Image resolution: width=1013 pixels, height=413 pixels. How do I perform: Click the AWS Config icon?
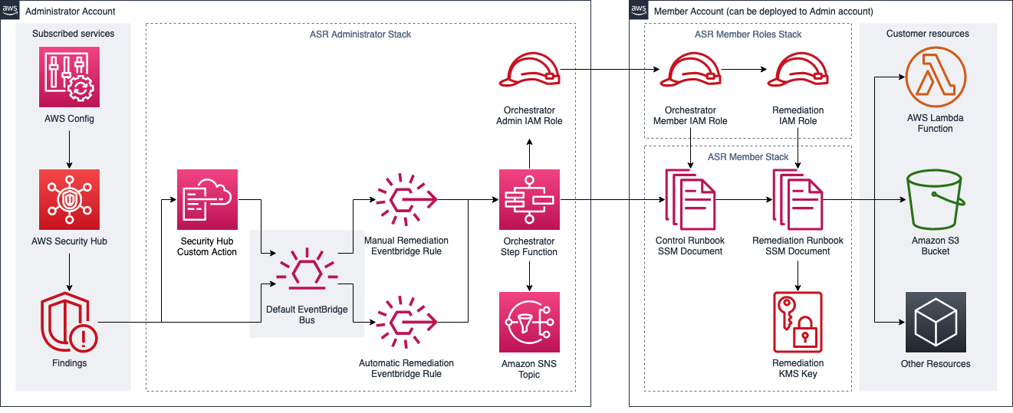(69, 77)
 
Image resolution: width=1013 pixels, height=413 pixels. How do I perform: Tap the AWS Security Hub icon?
(69, 199)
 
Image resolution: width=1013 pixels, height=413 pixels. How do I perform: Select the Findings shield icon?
(69, 322)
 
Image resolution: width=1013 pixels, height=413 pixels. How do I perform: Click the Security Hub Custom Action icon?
(207, 199)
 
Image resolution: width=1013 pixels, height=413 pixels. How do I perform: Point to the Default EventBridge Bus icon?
(307, 268)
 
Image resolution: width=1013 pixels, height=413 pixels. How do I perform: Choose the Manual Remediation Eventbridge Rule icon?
(406, 199)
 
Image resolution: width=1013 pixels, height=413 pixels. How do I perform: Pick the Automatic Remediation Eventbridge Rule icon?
(406, 322)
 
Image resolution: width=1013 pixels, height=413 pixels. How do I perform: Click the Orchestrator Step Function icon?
(529, 199)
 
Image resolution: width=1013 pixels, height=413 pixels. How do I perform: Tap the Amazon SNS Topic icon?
(529, 322)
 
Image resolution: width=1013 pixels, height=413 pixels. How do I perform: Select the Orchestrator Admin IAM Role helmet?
(529, 69)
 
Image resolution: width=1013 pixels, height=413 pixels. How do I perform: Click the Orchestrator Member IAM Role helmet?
(690, 69)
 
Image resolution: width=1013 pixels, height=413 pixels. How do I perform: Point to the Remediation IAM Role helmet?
(798, 69)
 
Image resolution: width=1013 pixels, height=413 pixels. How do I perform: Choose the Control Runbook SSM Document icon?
(690, 199)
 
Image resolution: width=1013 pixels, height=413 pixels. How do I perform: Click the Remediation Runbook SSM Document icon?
(798, 199)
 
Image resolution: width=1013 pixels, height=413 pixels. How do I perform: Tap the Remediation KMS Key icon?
(798, 322)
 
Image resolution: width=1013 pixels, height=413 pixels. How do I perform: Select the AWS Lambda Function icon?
(936, 77)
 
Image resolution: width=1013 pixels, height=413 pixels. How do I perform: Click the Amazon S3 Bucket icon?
(936, 199)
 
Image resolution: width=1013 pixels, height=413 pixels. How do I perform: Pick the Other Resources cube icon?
(936, 322)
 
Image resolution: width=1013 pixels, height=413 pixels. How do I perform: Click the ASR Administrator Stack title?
(360, 34)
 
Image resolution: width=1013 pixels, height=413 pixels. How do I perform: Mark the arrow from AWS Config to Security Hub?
(69, 149)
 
